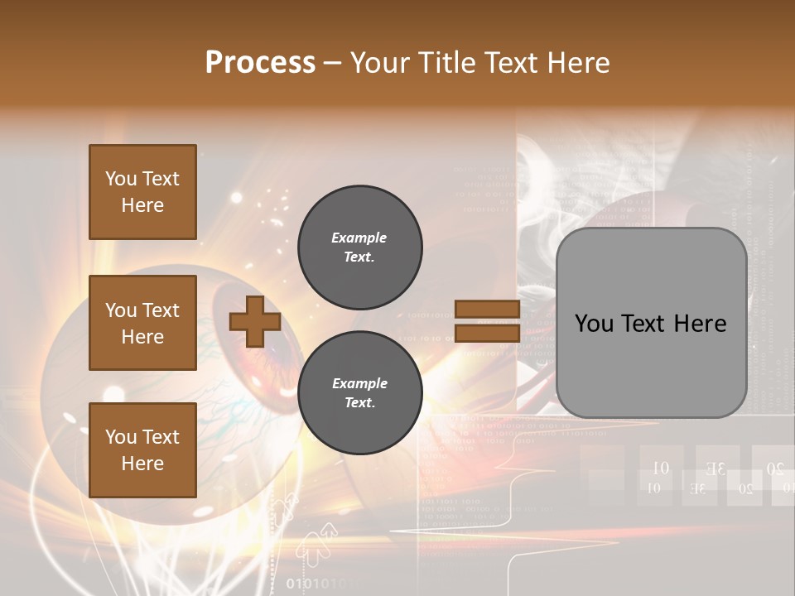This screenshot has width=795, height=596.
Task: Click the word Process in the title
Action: click(260, 62)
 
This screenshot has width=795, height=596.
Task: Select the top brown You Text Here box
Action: click(142, 192)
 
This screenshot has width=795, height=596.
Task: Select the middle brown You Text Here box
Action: click(142, 323)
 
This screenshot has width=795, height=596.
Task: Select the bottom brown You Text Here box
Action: click(142, 449)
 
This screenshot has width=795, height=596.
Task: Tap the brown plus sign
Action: click(255, 321)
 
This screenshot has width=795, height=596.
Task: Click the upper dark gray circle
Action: click(359, 247)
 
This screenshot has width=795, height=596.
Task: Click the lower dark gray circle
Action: click(359, 392)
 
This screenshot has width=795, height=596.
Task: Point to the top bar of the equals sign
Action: click(487, 310)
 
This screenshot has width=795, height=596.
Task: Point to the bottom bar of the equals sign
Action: click(487, 333)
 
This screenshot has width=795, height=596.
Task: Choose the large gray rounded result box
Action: click(651, 323)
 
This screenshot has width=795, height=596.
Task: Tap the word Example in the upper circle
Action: click(359, 238)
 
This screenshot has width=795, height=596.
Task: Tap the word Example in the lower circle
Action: click(359, 383)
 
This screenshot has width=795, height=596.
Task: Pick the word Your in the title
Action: click(381, 62)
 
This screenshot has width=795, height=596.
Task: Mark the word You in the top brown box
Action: click(121, 179)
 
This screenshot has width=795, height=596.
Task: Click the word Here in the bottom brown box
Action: click(142, 464)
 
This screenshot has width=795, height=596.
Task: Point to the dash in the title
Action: click(333, 63)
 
